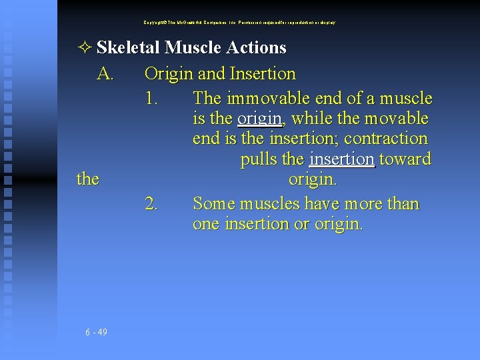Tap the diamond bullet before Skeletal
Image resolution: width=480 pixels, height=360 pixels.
point(85,48)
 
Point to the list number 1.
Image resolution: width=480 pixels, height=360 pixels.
point(151,99)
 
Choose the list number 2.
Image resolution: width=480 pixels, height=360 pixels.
point(151,203)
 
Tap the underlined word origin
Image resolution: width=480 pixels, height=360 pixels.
point(259,119)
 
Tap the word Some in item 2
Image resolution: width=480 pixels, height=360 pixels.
point(212,203)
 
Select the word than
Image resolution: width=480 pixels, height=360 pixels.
point(401,203)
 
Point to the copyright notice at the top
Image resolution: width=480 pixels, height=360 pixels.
point(239,22)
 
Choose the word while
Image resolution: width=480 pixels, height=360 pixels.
point(313,119)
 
